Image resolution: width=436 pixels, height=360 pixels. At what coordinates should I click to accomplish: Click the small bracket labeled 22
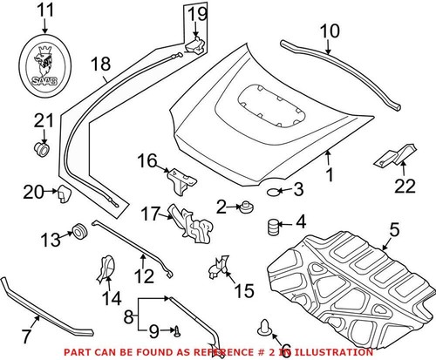coord(389,158)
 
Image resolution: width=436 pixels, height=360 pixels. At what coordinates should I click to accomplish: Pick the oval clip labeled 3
coord(273,191)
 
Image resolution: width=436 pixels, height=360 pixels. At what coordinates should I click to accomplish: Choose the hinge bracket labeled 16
coord(178,179)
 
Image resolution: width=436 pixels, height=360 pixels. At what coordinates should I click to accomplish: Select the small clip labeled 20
coord(63,193)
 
